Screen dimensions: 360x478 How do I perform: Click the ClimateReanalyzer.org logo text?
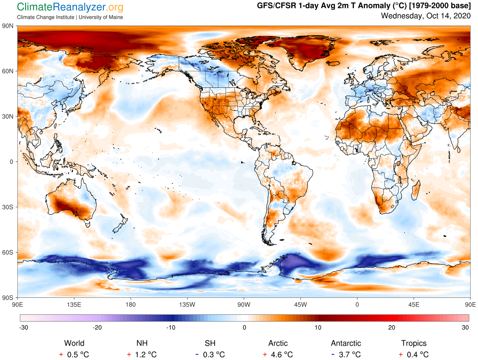(x=70, y=7)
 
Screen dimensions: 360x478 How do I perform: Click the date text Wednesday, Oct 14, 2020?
(x=426, y=16)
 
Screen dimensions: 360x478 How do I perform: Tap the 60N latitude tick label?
(x=8, y=71)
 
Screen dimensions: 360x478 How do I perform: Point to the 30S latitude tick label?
(x=8, y=207)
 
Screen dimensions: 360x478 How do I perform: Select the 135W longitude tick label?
(x=187, y=304)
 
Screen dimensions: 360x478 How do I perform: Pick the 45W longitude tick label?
(x=300, y=304)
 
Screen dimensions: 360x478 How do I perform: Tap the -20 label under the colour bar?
(x=97, y=327)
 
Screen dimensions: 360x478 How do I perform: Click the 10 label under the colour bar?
(x=318, y=327)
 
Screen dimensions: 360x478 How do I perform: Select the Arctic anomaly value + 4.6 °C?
(x=278, y=354)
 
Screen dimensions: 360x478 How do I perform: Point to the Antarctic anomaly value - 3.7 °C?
(x=345, y=354)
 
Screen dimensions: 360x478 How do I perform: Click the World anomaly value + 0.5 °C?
(x=74, y=354)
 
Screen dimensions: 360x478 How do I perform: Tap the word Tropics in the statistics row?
(x=414, y=343)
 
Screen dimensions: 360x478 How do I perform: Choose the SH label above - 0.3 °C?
(x=210, y=343)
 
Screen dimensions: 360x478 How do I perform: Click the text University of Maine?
(x=101, y=17)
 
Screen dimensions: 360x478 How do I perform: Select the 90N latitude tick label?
(x=8, y=26)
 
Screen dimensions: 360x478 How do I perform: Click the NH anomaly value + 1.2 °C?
(x=143, y=354)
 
